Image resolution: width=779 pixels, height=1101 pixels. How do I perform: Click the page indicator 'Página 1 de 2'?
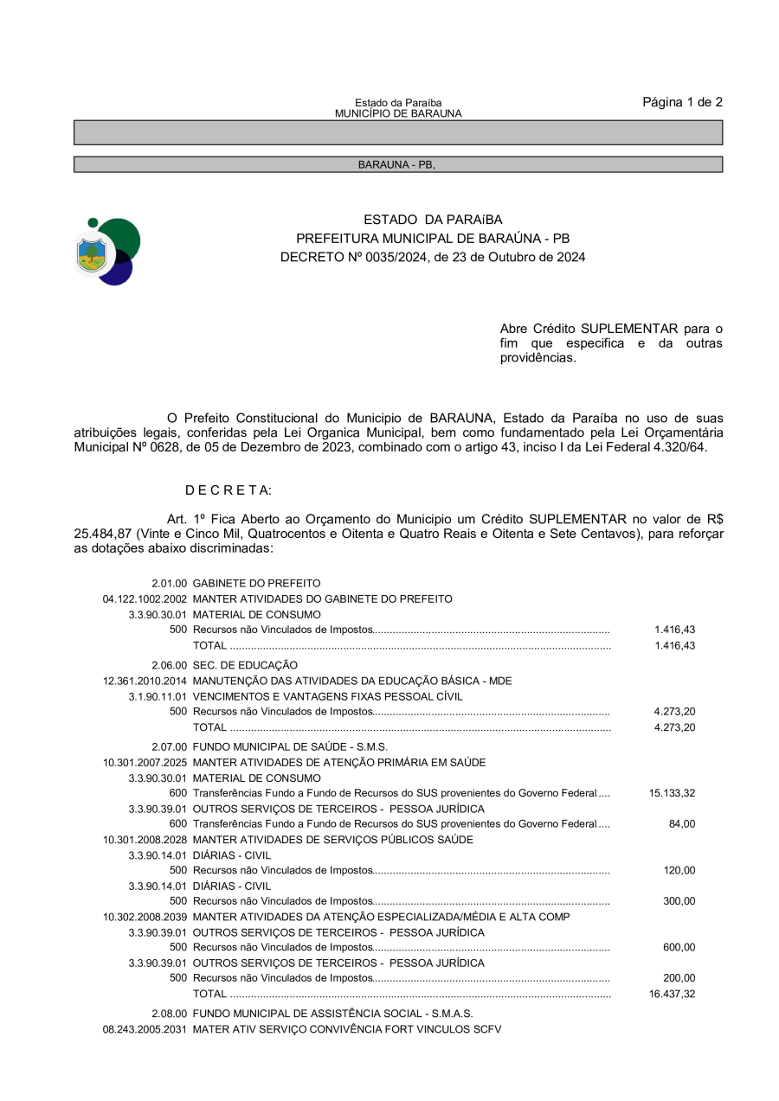point(682,102)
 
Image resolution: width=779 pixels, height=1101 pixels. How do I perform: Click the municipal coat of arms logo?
point(108,252)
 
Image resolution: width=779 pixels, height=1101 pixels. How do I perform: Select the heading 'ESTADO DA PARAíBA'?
point(433,220)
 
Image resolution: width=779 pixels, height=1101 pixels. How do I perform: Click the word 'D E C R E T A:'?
point(229,490)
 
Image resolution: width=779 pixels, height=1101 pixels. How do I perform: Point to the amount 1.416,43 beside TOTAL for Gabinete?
point(674,645)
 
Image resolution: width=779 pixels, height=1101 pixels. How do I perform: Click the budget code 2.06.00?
point(170,665)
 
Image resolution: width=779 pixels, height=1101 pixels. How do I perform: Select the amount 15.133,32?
point(672,793)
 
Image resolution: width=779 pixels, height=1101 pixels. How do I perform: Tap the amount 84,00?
point(682,824)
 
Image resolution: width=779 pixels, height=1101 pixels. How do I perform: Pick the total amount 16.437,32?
point(672,994)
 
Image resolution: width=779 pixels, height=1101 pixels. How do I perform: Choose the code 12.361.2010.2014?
point(145,681)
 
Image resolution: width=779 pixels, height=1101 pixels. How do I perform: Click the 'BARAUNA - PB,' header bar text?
point(396,164)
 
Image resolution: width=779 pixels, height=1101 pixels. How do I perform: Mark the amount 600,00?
point(679,947)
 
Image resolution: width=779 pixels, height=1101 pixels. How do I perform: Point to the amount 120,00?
point(679,870)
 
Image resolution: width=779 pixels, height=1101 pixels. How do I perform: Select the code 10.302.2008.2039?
point(145,917)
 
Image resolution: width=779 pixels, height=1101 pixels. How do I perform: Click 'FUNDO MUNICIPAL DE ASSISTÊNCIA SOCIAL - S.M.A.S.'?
point(332,1013)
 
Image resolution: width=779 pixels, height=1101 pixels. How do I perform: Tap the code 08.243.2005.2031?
point(145,1029)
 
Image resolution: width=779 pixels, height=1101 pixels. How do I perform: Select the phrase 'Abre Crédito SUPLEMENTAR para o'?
point(611,329)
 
